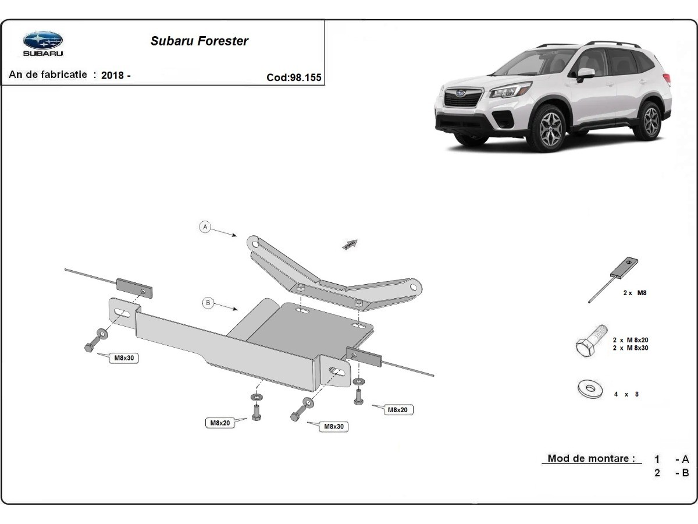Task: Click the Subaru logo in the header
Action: click(x=42, y=43)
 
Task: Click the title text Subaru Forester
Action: click(x=200, y=41)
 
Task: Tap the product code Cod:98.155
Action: click(x=294, y=77)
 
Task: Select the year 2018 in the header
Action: click(x=113, y=76)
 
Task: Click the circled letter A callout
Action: click(x=205, y=227)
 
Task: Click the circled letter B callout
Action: click(x=207, y=303)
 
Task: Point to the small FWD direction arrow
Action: click(x=350, y=244)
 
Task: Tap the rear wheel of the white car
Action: click(x=651, y=120)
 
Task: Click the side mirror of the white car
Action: click(x=585, y=74)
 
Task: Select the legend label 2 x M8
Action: click(x=635, y=293)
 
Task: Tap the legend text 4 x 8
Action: click(x=626, y=394)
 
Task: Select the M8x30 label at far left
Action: click(x=124, y=359)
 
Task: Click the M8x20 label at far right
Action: click(x=397, y=410)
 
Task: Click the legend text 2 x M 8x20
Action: click(x=631, y=339)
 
